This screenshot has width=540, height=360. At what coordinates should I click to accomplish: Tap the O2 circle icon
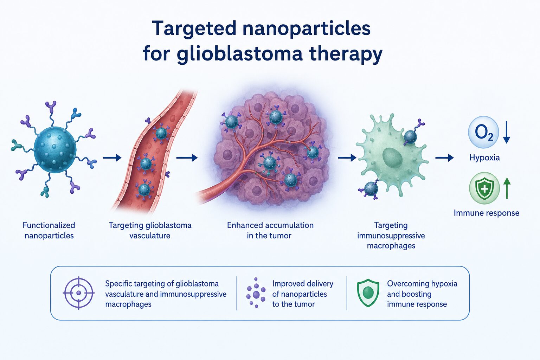[483, 132]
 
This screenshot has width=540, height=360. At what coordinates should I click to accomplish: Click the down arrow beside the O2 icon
[507, 132]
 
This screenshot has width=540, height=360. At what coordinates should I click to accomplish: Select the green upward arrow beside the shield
[507, 188]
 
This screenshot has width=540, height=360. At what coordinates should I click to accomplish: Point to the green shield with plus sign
[484, 188]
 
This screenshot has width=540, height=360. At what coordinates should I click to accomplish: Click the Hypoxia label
[484, 158]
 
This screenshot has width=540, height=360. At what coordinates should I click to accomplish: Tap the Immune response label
[487, 213]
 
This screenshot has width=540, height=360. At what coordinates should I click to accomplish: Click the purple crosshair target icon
[79, 293]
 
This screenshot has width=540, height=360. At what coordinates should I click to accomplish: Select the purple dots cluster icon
[256, 293]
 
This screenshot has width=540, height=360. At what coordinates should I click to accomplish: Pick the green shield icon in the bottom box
[368, 293]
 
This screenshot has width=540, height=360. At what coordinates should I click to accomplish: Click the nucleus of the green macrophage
[392, 158]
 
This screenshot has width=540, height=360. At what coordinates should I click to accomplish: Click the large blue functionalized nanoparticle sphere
[55, 150]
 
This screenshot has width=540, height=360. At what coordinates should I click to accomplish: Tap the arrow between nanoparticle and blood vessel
[112, 158]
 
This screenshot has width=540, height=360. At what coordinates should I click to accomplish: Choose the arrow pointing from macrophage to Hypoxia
[444, 158]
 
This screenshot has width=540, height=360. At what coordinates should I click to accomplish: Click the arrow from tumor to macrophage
[347, 158]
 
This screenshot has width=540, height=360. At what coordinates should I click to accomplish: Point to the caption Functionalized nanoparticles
[49, 230]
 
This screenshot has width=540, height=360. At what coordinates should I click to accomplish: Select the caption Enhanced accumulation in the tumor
[270, 230]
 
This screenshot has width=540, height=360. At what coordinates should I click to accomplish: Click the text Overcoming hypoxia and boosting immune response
[422, 294]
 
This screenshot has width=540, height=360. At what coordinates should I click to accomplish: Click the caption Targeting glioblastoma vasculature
[150, 230]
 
